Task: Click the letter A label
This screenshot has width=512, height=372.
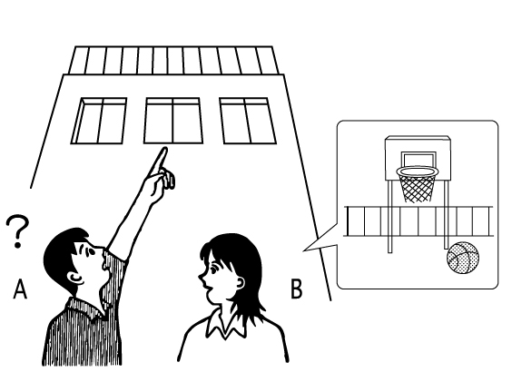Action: pyautogui.click(x=20, y=289)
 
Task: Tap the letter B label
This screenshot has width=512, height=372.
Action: pyautogui.click(x=297, y=289)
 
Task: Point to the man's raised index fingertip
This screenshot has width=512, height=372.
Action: pyautogui.click(x=164, y=151)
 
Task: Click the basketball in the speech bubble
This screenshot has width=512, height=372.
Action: pyautogui.click(x=463, y=258)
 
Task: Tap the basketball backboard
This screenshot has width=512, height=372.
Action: pyautogui.click(x=418, y=158)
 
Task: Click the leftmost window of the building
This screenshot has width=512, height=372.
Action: pyautogui.click(x=99, y=121)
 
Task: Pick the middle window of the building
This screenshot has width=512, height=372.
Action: pyautogui.click(x=173, y=121)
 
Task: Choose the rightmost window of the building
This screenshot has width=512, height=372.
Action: pyautogui.click(x=248, y=121)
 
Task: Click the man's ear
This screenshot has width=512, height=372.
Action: pyautogui.click(x=75, y=278)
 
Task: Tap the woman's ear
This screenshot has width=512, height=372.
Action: pyautogui.click(x=240, y=282)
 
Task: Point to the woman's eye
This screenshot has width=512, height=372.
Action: pyautogui.click(x=214, y=269)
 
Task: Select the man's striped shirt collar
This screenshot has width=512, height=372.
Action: pyautogui.click(x=85, y=308)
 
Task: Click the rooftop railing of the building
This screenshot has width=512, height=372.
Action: pyautogui.click(x=173, y=61)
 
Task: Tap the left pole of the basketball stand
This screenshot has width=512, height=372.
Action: pyautogui.click(x=389, y=215)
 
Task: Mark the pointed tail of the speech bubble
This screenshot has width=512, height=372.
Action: pyautogui.click(x=304, y=250)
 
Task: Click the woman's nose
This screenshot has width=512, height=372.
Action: pyautogui.click(x=201, y=279)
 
